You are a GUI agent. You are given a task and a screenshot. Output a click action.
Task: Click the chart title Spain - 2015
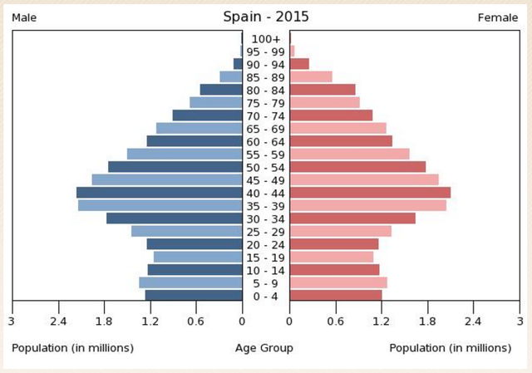pos(265,17)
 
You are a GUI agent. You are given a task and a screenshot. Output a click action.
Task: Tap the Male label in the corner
pos(26,17)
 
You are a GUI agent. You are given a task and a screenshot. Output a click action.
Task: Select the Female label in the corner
pos(498,17)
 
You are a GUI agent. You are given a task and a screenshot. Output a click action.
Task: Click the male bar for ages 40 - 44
pos(159,193)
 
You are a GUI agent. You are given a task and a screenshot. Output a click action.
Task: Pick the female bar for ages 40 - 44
pos(370,193)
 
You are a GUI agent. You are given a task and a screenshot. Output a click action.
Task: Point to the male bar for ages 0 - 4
pos(194,295)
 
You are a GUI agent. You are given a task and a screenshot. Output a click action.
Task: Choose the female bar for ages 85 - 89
pos(311,76)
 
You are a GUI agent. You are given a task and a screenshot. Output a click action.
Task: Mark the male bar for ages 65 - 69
pos(199,128)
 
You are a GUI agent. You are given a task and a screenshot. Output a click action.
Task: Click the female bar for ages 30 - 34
pos(352,218)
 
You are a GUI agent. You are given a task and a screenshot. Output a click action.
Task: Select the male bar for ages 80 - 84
pos(221,90)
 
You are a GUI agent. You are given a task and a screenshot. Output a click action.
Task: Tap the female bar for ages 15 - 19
pos(332,257)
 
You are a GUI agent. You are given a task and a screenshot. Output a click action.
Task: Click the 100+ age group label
pos(266,38)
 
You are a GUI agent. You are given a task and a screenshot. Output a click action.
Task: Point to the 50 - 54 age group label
pos(266,167)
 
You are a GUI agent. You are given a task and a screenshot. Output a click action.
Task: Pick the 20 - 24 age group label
pos(266,244)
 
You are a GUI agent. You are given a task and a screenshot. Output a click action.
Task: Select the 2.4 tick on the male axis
pos(58,321)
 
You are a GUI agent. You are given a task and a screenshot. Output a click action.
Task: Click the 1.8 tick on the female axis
pos(427,321)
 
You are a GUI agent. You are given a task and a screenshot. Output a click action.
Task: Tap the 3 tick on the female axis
pos(520,321)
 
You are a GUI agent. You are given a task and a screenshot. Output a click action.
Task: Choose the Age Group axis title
pos(264,348)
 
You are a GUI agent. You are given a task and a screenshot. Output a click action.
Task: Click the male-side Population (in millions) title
pos(72,348)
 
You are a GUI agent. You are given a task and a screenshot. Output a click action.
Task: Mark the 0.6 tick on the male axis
pos(196,321)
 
